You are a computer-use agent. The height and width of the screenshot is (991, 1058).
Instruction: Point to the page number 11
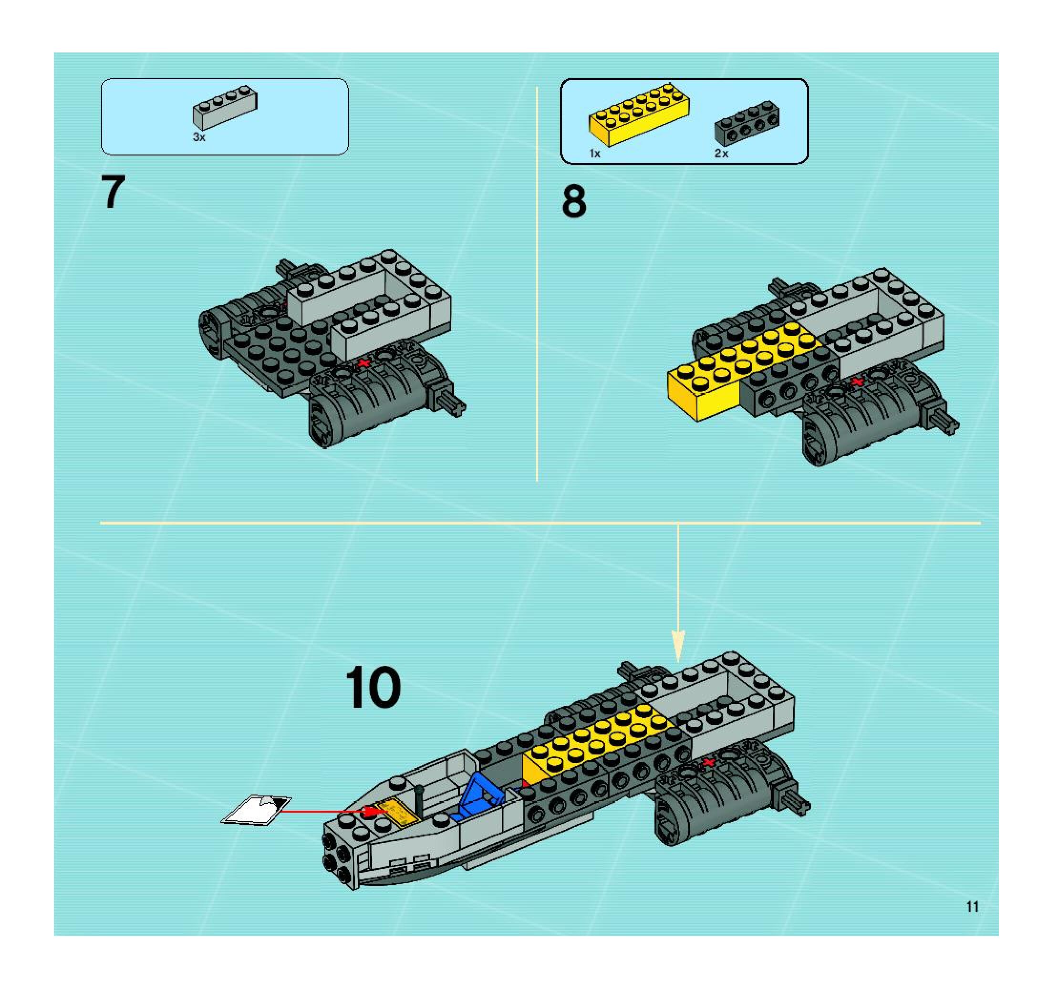coord(972,907)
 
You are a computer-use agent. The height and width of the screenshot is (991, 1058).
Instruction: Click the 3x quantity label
coord(198,137)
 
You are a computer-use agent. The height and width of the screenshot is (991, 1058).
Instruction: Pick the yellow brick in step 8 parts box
coord(639,114)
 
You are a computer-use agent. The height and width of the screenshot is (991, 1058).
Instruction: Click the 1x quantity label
coord(594,154)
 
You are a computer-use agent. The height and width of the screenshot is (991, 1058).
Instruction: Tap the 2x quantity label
coord(721,153)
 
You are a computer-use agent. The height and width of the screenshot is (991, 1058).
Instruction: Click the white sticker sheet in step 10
coord(256,810)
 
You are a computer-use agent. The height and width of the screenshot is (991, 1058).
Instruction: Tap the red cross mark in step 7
coord(363,363)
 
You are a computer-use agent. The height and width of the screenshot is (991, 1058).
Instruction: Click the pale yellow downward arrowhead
coord(678,646)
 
